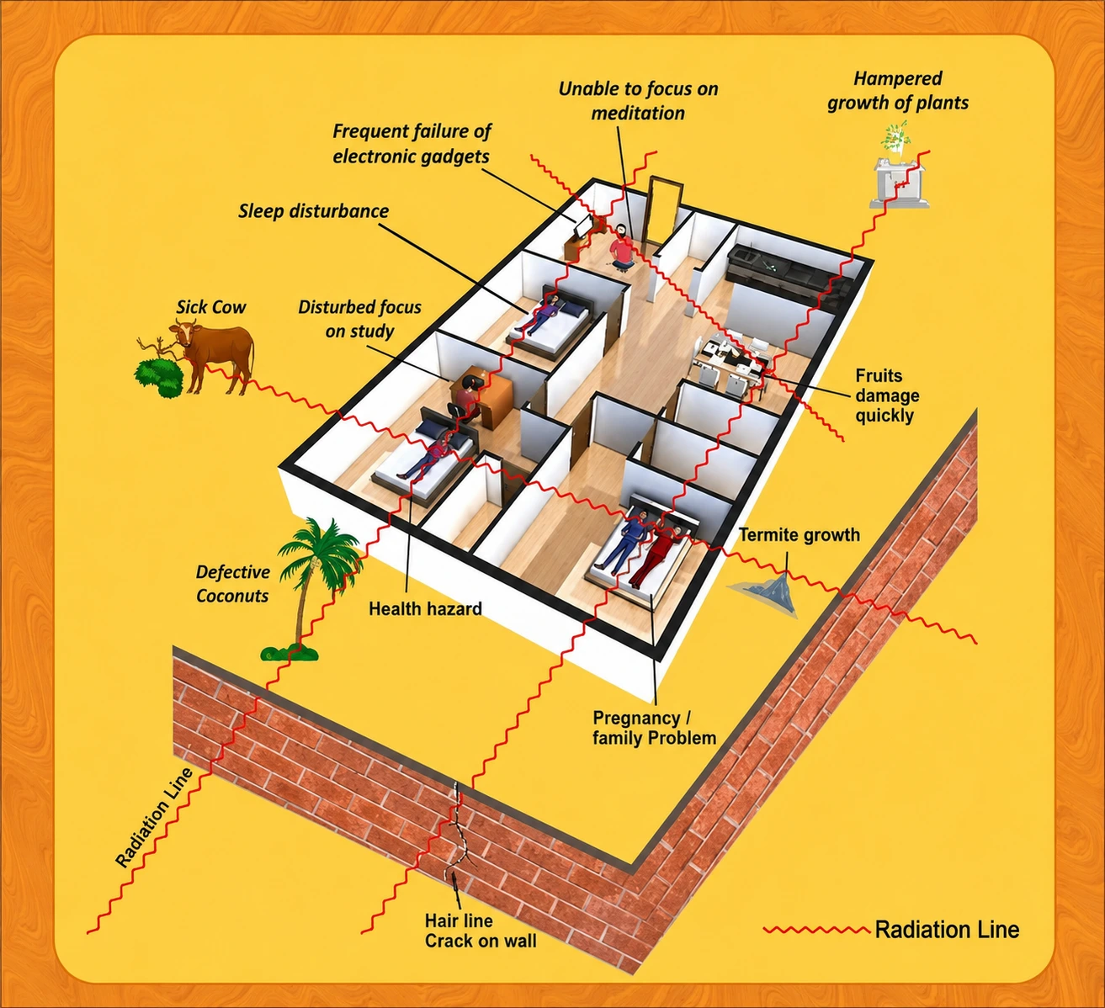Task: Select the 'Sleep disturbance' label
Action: [x=313, y=211]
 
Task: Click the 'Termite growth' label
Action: [x=799, y=534]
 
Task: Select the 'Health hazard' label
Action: [x=425, y=608]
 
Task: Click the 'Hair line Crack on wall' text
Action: [x=481, y=931]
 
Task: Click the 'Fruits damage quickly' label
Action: [x=887, y=395]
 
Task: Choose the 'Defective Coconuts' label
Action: [x=232, y=584]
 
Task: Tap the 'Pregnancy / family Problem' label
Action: [x=655, y=728]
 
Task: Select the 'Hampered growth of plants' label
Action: [x=898, y=91]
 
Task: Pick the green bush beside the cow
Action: [x=159, y=376]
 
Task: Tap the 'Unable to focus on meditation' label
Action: [x=638, y=101]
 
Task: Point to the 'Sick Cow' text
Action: [x=211, y=307]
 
